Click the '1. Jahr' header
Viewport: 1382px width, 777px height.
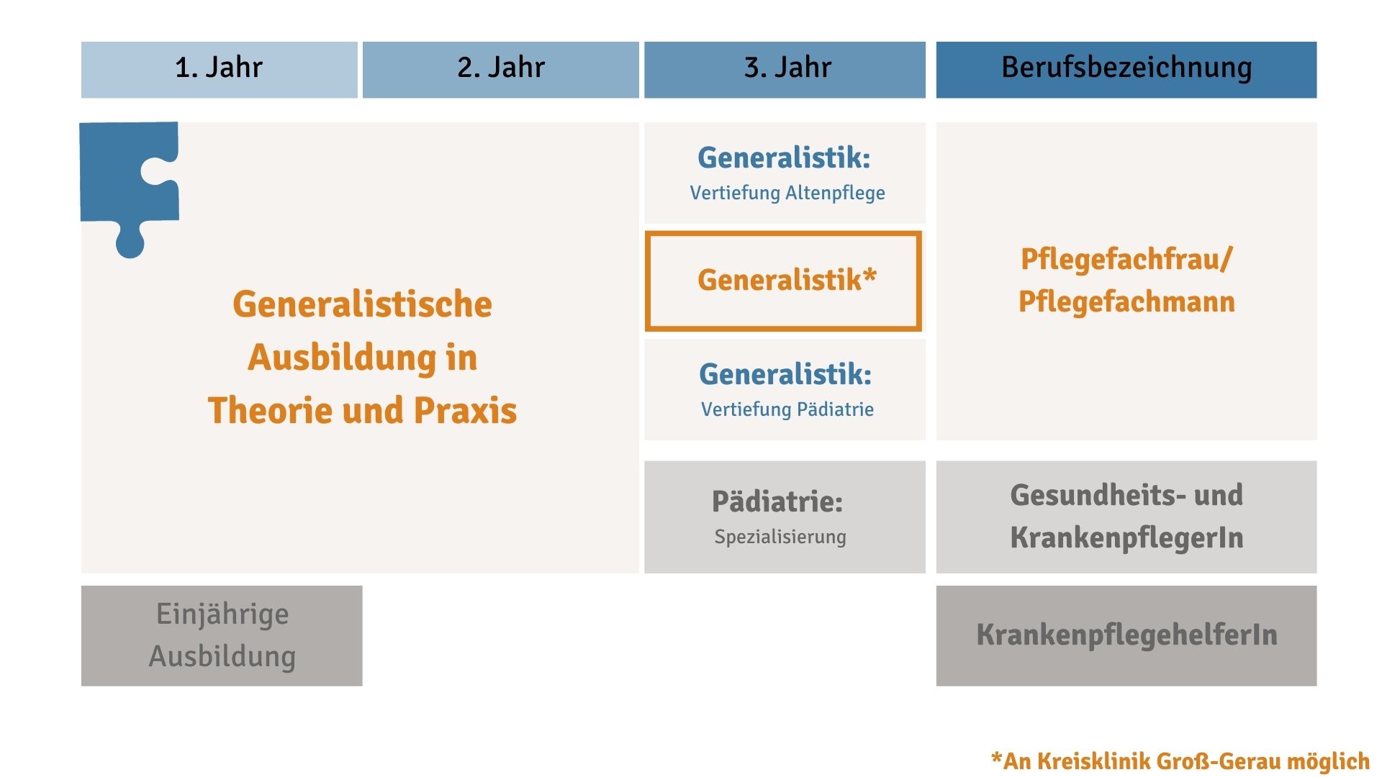tap(219, 69)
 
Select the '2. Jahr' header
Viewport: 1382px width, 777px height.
tap(500, 69)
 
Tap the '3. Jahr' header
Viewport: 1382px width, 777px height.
tap(785, 69)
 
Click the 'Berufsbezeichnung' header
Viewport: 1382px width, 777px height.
tap(1126, 69)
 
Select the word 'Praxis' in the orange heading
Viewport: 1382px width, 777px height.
tap(465, 410)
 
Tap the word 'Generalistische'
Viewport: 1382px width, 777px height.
tap(362, 304)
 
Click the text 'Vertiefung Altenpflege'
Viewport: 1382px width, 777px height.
tap(787, 193)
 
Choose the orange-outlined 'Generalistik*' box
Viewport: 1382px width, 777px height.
tap(783, 233)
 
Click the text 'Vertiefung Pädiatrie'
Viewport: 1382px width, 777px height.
tap(787, 409)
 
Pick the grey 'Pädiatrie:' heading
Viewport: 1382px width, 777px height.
tap(777, 501)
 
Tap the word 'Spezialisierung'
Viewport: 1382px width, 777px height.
tap(780, 537)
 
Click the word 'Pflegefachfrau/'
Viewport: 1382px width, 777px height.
tap(1126, 260)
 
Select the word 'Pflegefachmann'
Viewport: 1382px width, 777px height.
tap(1126, 301)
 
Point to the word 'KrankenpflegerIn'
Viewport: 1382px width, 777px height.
tap(1126, 537)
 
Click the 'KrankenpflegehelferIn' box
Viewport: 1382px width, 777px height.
tap(1126, 635)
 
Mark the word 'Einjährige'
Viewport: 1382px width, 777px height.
tap(222, 614)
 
